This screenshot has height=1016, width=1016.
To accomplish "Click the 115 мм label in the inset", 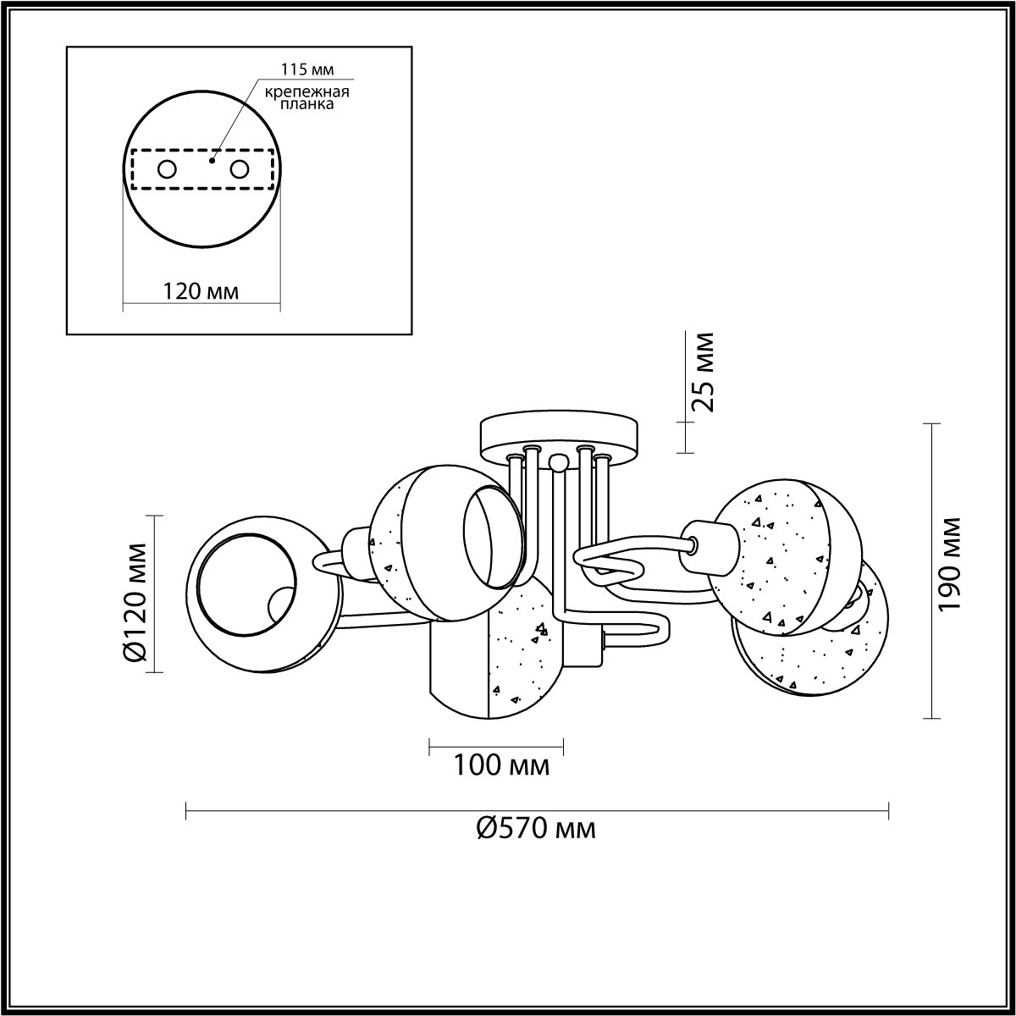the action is [306, 69].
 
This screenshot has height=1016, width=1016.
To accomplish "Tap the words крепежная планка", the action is [306, 97].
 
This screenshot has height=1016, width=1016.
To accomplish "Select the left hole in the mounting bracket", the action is [167, 170].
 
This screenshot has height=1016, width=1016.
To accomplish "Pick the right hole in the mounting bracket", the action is [240, 170].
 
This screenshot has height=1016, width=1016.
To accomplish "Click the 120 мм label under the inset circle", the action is [201, 291].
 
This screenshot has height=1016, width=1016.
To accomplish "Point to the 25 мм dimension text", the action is [703, 373].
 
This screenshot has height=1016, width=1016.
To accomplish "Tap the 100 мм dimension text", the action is [501, 765].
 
